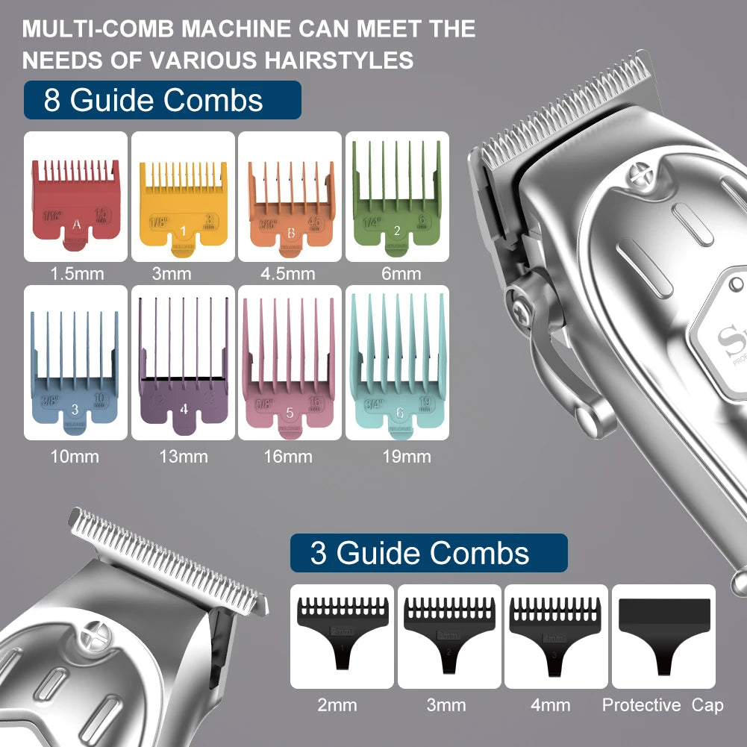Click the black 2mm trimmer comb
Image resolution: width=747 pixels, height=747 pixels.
(x=341, y=634)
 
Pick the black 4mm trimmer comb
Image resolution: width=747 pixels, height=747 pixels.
(x=555, y=634)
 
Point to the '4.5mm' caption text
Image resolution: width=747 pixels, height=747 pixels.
(x=288, y=274)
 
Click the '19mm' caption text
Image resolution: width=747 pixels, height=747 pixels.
(x=406, y=456)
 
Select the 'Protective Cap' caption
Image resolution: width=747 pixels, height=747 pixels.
(x=663, y=704)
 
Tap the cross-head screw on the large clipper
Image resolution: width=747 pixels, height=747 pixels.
(x=640, y=175)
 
